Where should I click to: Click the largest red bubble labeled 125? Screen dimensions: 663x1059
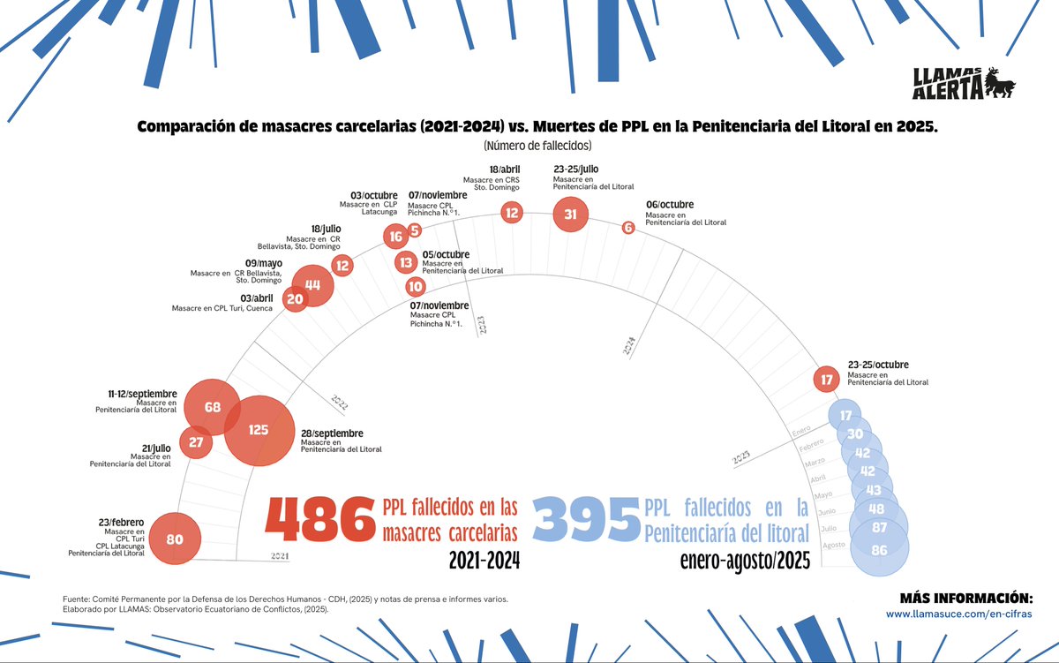[259, 431]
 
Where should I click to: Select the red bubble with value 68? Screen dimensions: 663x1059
[212, 407]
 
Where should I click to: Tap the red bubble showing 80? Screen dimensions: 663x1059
[175, 539]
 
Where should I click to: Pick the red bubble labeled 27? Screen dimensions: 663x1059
[196, 441]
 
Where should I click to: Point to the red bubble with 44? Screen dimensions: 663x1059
[312, 284]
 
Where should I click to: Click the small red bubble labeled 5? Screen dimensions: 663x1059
[414, 230]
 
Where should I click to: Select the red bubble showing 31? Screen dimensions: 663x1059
[570, 214]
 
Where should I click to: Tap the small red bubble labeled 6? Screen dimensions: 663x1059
[628, 227]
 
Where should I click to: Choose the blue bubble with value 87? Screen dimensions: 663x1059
[879, 527]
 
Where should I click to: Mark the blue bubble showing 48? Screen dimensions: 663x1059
[875, 509]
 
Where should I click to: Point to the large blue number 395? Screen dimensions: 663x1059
[586, 519]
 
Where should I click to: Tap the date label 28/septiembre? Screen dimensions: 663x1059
[332, 433]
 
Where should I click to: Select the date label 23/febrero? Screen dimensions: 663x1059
[122, 523]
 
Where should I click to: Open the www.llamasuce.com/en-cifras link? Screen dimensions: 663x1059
[958, 614]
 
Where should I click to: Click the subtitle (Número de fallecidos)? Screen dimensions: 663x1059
[537, 145]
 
